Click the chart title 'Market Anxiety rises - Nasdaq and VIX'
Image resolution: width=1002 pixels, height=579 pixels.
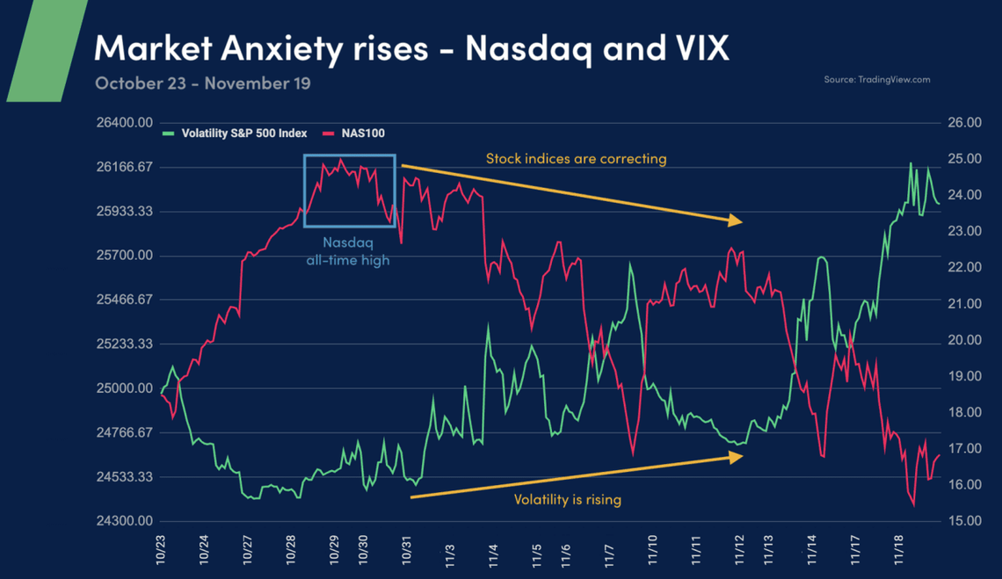(x=411, y=48)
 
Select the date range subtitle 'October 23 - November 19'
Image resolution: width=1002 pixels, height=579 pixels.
(x=202, y=83)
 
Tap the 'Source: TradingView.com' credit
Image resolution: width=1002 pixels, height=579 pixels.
(x=876, y=80)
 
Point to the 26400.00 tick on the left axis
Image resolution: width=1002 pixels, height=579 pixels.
(x=123, y=123)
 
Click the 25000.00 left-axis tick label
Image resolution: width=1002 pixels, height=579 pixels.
(x=123, y=388)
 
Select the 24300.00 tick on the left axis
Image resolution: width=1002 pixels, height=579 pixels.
(x=123, y=521)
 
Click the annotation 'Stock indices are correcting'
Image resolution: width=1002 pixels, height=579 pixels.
(x=576, y=159)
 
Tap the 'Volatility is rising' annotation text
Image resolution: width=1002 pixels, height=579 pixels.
(x=567, y=499)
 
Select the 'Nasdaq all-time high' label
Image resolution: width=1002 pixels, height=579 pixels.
(x=348, y=250)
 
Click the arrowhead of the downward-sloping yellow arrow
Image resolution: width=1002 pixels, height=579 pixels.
(x=737, y=221)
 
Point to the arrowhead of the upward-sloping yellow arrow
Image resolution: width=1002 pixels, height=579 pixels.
(x=737, y=456)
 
